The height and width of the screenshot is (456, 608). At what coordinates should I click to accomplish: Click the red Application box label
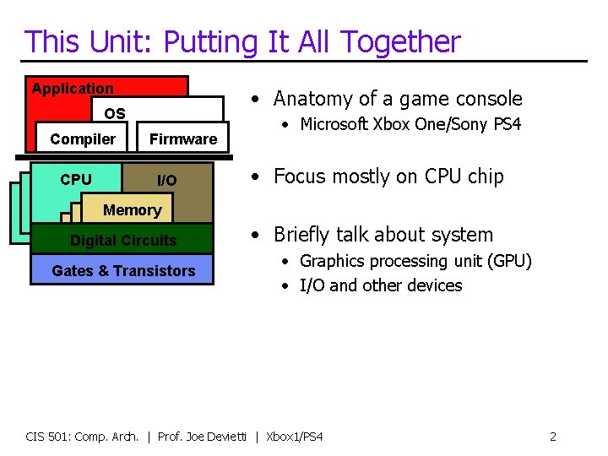point(73,89)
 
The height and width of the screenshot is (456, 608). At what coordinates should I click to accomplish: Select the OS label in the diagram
point(115,114)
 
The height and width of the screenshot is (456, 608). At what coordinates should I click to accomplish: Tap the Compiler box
point(83,139)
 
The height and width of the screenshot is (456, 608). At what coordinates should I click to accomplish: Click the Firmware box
point(183,139)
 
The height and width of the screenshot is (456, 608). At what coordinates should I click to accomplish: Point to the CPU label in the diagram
point(76,180)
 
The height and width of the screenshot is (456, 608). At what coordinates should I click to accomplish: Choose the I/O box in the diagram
point(167,181)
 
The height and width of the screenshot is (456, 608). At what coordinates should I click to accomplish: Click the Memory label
point(132,210)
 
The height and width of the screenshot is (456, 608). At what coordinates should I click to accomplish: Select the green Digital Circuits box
point(123,241)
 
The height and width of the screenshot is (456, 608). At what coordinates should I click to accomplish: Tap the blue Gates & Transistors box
point(123,271)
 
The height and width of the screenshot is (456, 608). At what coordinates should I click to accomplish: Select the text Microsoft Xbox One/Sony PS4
point(410,125)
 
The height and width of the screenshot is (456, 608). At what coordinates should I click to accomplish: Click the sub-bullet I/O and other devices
point(381,285)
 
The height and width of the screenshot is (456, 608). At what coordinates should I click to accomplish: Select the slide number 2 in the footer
point(552,437)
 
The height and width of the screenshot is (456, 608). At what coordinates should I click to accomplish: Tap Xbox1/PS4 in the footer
point(295,437)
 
